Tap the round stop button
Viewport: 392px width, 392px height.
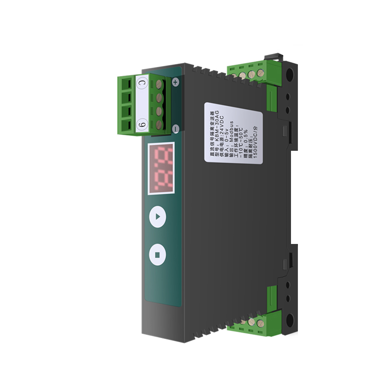(x=157, y=254)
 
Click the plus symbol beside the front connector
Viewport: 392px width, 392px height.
(x=175, y=82)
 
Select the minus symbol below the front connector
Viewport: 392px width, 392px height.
(x=175, y=129)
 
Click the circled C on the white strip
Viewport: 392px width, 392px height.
(x=143, y=83)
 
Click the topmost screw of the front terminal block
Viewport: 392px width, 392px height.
(x=161, y=84)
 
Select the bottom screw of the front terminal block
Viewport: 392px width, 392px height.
(x=160, y=124)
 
